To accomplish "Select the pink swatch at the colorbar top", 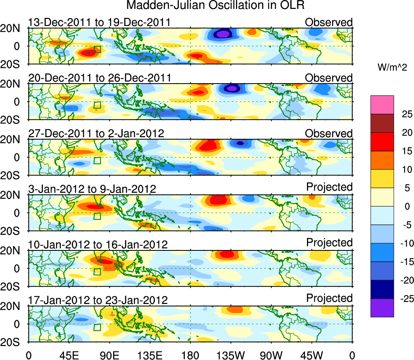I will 382,105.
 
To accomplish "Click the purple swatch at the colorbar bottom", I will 382,308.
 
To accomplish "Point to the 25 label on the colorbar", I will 402,114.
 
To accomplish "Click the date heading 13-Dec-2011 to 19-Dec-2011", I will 99,22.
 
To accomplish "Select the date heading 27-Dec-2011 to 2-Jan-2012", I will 96,134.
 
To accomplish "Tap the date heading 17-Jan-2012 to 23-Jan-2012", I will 98,300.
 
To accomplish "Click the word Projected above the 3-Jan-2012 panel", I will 329,187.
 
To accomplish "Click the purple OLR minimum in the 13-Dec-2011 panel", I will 223,34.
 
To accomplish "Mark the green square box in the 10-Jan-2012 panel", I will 97,272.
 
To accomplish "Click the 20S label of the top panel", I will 13,64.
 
